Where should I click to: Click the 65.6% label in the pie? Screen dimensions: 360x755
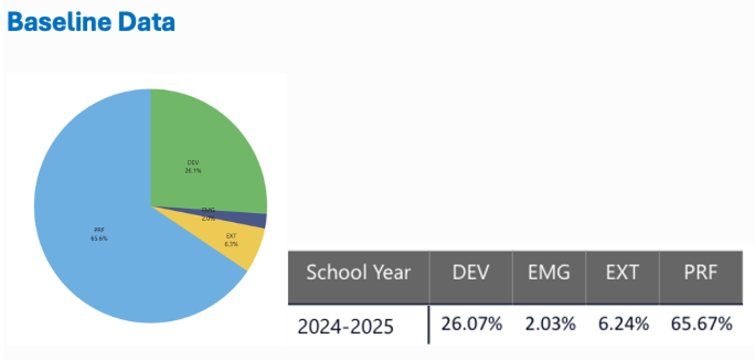[99, 238]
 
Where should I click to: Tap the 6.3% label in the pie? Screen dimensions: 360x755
[231, 244]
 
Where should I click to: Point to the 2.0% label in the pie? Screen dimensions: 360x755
[208, 219]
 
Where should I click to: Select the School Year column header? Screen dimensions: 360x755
[358, 273]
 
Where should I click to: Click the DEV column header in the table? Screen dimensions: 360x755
[471, 273]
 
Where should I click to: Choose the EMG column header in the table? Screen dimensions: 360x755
[549, 273]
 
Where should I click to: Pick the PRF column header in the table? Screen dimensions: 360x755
[700, 273]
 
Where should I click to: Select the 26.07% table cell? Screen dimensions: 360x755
[472, 325]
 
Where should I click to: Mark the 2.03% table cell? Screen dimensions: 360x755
[550, 325]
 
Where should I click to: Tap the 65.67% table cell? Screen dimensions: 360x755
[701, 325]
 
